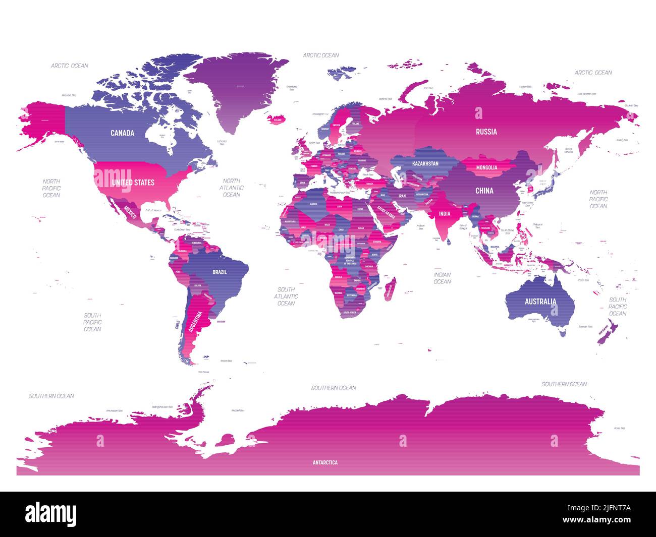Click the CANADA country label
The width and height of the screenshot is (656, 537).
tap(123, 133)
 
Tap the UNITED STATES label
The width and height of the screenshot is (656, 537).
tap(133, 182)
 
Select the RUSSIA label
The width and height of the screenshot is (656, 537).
tap(486, 132)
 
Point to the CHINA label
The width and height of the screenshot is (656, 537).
tap(484, 191)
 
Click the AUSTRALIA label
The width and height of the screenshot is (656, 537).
tap(540, 302)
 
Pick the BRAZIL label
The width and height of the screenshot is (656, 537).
tap(220, 272)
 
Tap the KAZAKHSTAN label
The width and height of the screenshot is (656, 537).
tap(425, 164)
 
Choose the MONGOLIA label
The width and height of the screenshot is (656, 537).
tap(487, 167)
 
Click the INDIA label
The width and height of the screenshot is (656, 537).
tap(445, 214)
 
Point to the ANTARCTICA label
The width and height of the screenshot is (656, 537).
tap(325, 462)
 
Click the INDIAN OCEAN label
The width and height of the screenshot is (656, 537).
tap(442, 278)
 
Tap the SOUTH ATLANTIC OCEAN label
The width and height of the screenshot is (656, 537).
tap(286, 296)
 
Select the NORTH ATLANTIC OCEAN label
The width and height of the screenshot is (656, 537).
tap(232, 188)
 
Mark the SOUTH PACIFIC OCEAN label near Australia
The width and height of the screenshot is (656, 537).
tap(618, 307)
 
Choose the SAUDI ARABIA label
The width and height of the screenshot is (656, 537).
tap(386, 213)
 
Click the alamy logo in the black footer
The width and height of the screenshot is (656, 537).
tap(51, 514)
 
